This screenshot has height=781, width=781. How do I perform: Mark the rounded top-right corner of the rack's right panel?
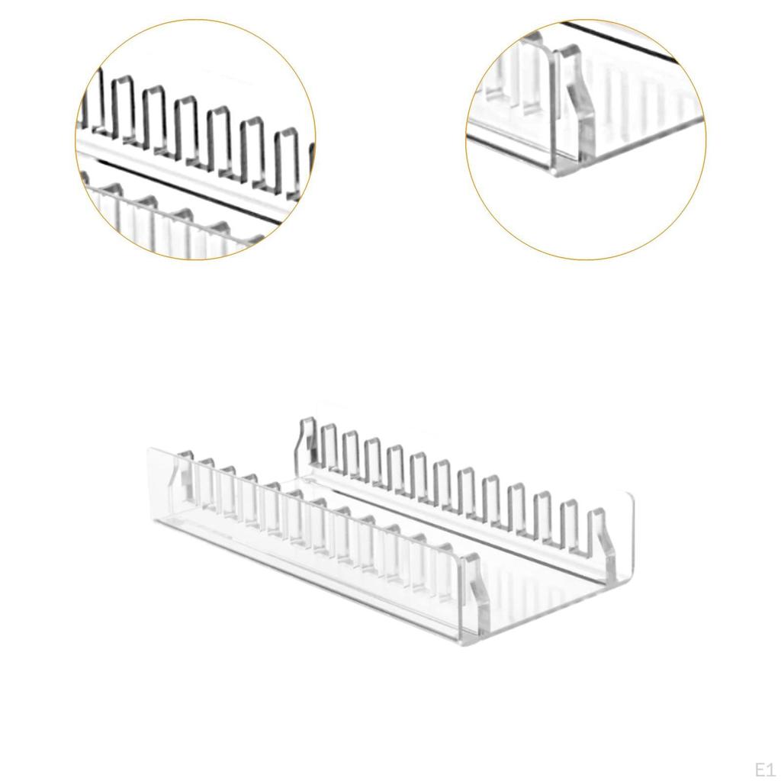[x=628, y=497]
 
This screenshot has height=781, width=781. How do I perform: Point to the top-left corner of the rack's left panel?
[x=151, y=452]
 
